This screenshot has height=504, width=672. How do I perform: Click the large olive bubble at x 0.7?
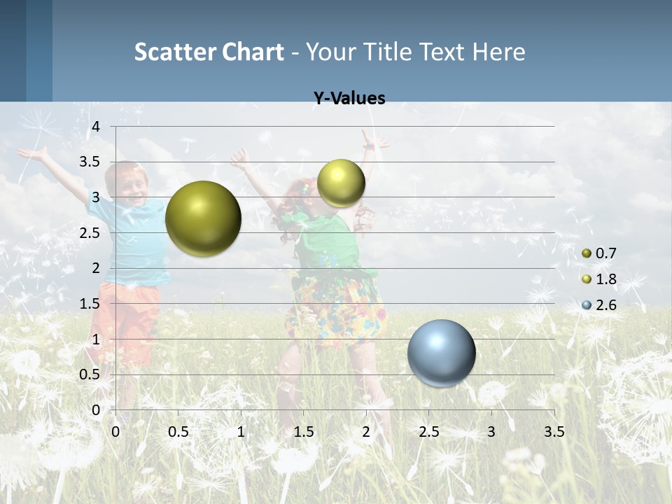[x=204, y=218]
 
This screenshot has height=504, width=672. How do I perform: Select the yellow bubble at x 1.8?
[x=341, y=183]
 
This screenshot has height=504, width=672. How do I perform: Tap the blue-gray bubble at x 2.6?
[x=442, y=353]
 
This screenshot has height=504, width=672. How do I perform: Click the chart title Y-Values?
[x=349, y=99]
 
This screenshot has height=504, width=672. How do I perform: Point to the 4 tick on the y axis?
[x=97, y=127]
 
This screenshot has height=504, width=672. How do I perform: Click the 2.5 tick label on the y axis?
[x=90, y=233]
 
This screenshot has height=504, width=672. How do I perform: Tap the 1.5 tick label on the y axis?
[x=90, y=304]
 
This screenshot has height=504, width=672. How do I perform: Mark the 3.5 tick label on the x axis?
[x=554, y=432]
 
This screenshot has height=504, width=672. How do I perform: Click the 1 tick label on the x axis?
[x=241, y=432]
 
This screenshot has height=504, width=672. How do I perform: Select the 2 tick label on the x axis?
[x=366, y=432]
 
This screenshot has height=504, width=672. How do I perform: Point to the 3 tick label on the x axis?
[x=491, y=432]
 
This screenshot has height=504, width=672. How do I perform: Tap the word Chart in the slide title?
[x=253, y=52]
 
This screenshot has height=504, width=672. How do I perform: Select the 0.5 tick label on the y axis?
[x=90, y=374]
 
